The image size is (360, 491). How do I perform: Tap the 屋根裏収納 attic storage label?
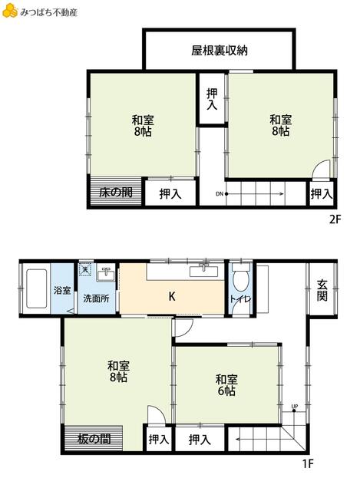pyautogui.click(x=220, y=51)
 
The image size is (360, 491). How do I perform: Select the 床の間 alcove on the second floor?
pyautogui.click(x=116, y=192)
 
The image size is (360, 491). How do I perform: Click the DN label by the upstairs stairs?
pyautogui.click(x=220, y=194)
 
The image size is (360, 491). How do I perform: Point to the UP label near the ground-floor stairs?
pyautogui.click(x=295, y=407)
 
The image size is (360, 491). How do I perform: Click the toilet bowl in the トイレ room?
pyautogui.click(x=241, y=277)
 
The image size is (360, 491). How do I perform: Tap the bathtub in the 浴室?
pyautogui.click(x=37, y=288)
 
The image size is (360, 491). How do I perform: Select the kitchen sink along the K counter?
pyautogui.click(x=204, y=271)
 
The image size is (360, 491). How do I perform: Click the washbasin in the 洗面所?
pyautogui.click(x=106, y=275)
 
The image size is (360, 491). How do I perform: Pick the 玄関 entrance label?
pyautogui.click(x=322, y=290)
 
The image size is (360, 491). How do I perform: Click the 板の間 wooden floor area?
pyautogui.click(x=94, y=438)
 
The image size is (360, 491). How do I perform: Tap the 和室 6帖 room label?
pyautogui.click(x=226, y=385)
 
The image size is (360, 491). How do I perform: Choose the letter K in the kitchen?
pyautogui.click(x=172, y=296)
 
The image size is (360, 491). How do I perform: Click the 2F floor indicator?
pyautogui.click(x=335, y=219)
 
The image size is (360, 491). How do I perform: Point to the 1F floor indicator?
pyautogui.click(x=308, y=463)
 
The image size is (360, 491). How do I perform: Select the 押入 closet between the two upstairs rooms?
pyautogui.click(x=212, y=99)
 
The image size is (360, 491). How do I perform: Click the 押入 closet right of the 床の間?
pyautogui.click(x=170, y=193)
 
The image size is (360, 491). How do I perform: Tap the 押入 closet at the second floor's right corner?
pyautogui.click(x=322, y=194)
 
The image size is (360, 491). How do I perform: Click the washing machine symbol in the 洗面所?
pyautogui.click(x=85, y=269)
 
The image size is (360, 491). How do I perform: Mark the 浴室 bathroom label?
pyautogui.click(x=62, y=290)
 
